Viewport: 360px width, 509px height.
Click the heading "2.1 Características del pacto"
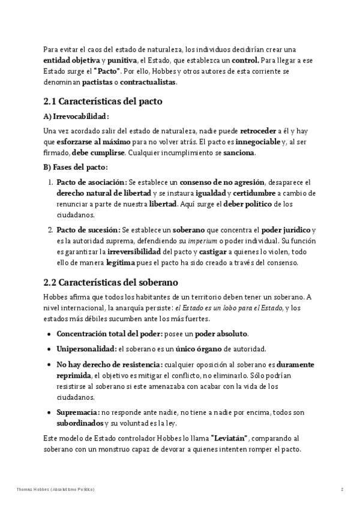coord(103,101)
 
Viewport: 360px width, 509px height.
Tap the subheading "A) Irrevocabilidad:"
coord(76,116)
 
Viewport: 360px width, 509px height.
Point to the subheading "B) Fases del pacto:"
coord(76,167)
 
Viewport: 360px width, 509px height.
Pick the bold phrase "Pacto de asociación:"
coord(91,182)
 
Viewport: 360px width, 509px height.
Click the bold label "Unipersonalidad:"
coord(86,349)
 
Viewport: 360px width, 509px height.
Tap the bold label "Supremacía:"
coord(78,412)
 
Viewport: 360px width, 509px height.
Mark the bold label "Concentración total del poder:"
coord(108,334)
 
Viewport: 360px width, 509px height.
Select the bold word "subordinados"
coord(83,423)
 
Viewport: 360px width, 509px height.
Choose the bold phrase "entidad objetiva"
coord(71,60)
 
